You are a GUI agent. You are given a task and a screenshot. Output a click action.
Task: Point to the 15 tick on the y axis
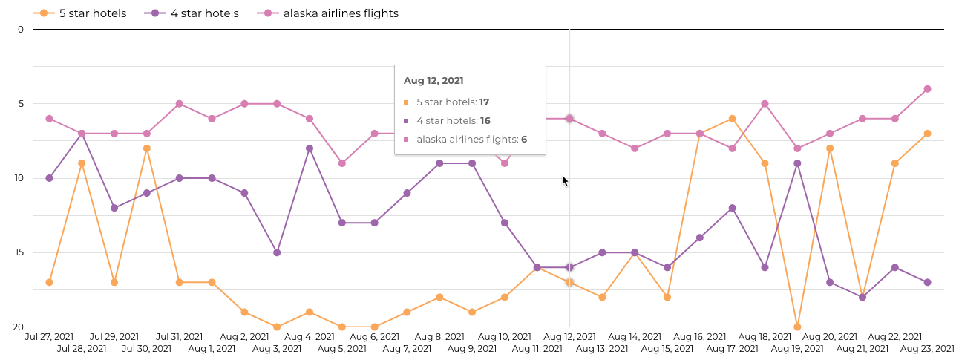[19, 252]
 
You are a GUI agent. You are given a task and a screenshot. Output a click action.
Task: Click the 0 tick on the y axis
[21, 30]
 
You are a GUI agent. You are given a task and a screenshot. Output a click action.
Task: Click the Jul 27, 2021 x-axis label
[49, 337]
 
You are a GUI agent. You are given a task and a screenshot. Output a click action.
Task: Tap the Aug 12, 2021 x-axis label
[570, 337]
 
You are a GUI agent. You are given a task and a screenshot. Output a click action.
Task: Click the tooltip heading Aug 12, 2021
[433, 80]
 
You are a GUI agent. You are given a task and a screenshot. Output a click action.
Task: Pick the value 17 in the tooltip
[484, 102]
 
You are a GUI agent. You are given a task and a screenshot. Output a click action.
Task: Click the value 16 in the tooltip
[485, 120]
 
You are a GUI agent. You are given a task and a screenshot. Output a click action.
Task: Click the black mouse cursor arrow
[565, 180]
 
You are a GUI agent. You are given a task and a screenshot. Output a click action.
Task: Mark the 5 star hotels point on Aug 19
[797, 327]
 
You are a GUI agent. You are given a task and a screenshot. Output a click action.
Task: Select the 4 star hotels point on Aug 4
[310, 148]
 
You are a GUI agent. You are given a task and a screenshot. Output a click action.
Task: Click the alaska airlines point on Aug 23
[927, 89]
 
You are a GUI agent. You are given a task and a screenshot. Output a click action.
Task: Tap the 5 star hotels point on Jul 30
[147, 148]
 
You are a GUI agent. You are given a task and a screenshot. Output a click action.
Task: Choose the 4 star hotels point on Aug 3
[277, 252]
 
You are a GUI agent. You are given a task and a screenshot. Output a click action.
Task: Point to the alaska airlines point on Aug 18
[765, 104]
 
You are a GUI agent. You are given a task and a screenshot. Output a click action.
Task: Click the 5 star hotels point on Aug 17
[732, 119]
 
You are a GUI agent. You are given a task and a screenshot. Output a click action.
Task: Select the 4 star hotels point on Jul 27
[49, 178]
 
